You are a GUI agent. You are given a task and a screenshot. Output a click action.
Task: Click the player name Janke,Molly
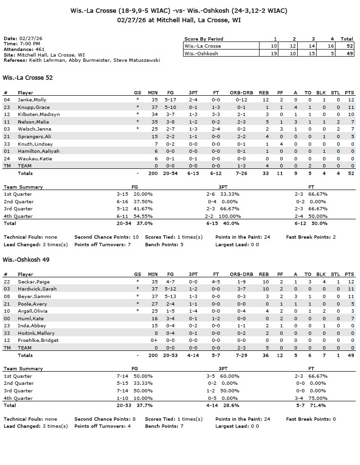[x=32, y=100]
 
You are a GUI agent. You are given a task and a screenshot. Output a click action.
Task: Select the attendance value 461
[x=40, y=49]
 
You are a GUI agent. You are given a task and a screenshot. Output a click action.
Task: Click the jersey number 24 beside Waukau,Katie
[x=7, y=158]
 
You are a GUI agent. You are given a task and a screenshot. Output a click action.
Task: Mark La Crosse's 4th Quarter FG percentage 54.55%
[x=144, y=216]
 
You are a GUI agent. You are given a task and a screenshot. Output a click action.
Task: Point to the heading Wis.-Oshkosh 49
[x=26, y=259]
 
